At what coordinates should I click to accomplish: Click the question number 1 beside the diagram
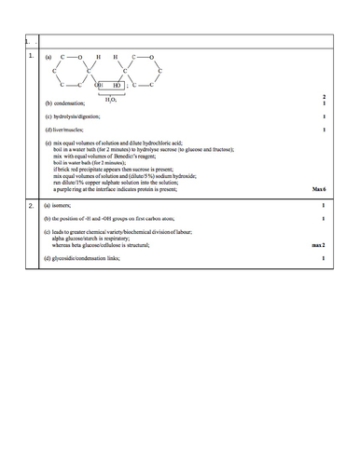(x=31, y=56)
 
